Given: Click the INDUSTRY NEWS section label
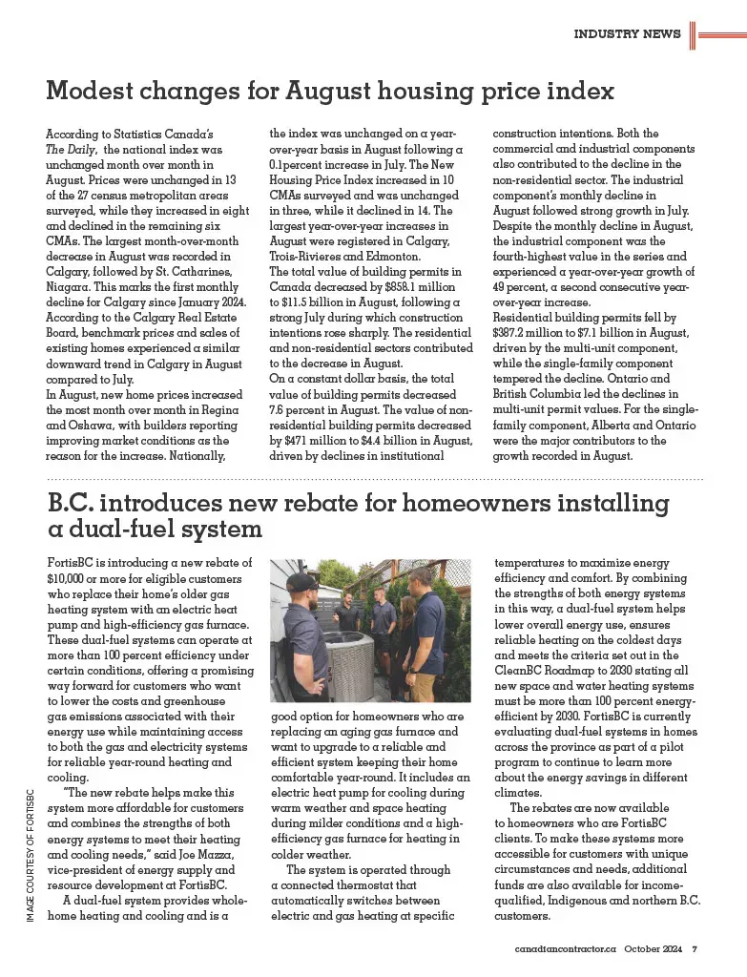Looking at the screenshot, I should [x=627, y=34].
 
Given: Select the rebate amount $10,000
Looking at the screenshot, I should [x=71, y=578].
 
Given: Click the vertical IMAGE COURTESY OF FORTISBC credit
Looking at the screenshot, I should [x=30, y=855].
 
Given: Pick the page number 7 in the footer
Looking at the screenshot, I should [x=695, y=949].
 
